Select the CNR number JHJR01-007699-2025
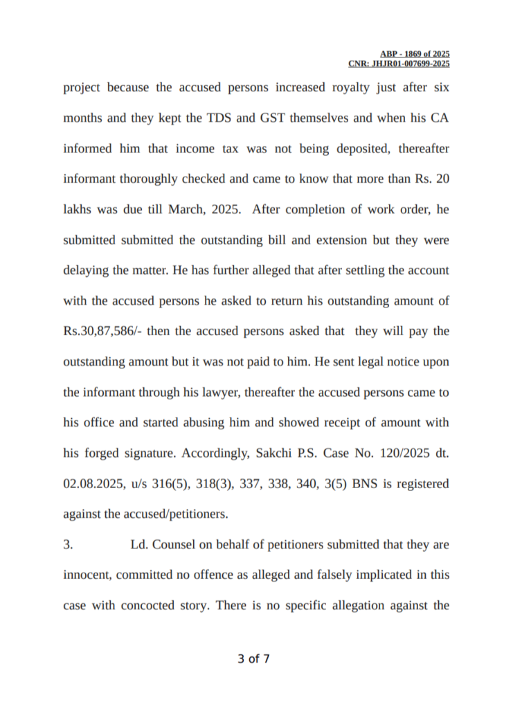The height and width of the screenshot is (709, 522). pos(399,64)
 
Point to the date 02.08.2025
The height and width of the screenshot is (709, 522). pos(91,483)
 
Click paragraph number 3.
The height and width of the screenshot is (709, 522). pos(68,545)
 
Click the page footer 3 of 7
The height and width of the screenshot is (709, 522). pos(253,659)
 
